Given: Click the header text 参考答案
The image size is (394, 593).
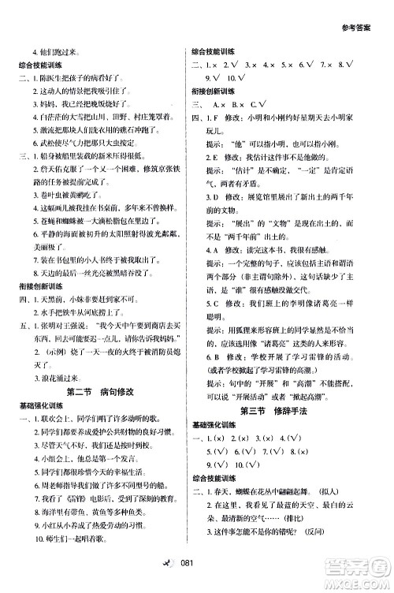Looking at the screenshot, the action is (369, 15).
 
